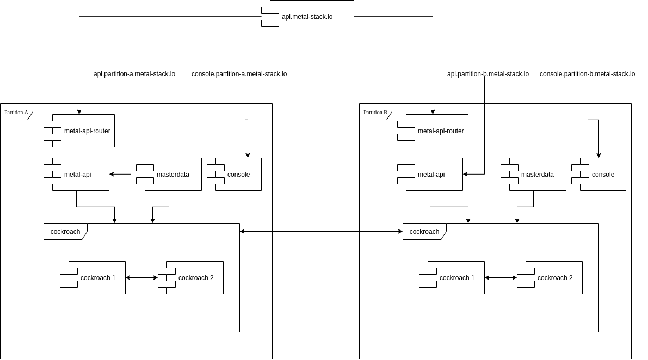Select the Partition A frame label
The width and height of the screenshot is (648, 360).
pos(16,112)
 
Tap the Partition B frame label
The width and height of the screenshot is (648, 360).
pos(375,112)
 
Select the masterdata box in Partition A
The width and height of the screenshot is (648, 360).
pos(173,175)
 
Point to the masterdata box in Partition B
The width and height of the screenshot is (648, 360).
pos(538,175)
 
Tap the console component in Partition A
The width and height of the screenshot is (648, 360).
pos(238,175)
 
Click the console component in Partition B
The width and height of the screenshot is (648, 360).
pos(603,175)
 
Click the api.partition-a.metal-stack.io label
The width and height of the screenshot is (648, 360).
pos(134,74)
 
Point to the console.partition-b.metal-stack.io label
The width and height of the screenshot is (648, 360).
pos(587,74)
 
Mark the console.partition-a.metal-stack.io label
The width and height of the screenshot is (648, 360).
pos(239,74)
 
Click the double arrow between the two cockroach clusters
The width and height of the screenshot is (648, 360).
pos(321,232)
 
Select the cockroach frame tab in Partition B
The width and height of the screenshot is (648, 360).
pos(424,232)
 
